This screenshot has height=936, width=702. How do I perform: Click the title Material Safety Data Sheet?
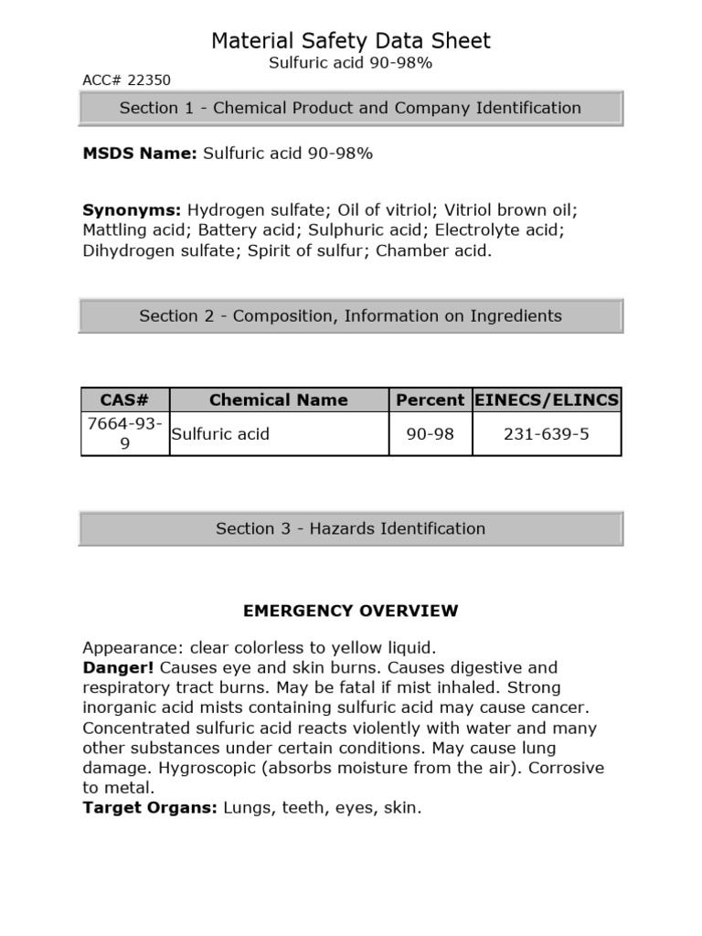pos(351,40)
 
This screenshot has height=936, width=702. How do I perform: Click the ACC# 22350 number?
pos(126,80)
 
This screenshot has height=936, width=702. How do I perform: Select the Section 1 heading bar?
pos(351,108)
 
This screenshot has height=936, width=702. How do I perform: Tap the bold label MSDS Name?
pos(140,154)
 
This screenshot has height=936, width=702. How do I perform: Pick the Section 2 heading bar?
pos(351,316)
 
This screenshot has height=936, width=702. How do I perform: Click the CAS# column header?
pos(125,399)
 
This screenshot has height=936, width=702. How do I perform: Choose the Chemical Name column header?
pos(278,399)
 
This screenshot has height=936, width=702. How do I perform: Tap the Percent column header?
pos(430,399)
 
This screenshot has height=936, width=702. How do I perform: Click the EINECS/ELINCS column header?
pos(548,399)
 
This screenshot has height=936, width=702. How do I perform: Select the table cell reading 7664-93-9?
pos(125,433)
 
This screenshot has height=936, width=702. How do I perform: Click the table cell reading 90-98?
pos(430,433)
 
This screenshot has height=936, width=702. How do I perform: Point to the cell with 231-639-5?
pos(547,433)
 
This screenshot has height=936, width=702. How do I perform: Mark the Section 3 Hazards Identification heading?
pos(351,528)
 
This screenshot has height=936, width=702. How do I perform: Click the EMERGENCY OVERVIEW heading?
pos(351,610)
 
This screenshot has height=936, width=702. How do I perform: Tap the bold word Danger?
pos(111,667)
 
